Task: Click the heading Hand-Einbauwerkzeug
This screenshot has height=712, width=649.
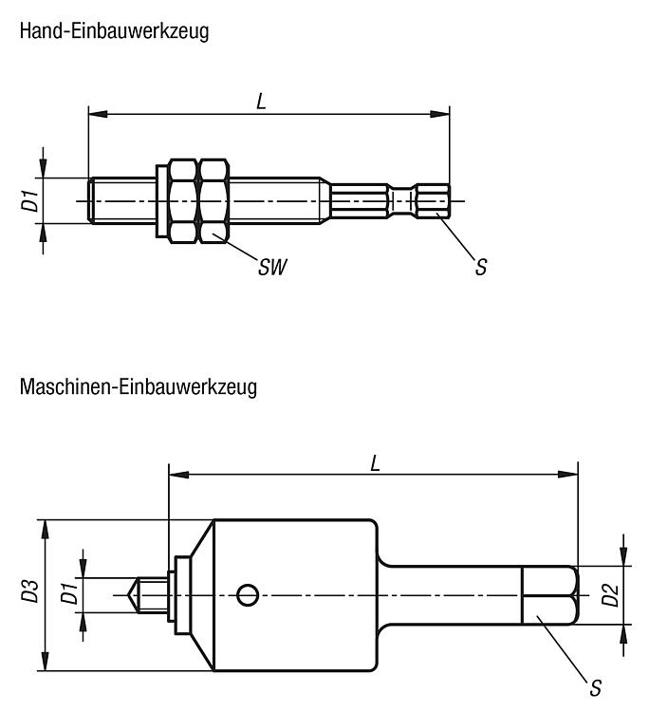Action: (115, 31)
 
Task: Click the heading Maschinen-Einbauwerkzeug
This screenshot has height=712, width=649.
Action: (139, 387)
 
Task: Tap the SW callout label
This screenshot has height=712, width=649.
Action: (272, 267)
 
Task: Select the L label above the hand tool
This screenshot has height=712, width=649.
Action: (261, 102)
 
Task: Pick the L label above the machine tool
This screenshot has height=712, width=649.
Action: (375, 463)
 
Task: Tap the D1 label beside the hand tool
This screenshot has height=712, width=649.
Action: (30, 200)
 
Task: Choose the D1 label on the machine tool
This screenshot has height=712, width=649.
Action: (69, 593)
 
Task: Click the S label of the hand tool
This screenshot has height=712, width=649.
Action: (481, 267)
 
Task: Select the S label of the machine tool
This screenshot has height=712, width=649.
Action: (596, 688)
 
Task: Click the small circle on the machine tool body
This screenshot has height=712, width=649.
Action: (248, 595)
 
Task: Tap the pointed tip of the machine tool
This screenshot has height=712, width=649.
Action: (128, 595)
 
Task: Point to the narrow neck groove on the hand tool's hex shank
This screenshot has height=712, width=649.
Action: (403, 200)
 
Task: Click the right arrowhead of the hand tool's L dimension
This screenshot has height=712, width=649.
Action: (439, 114)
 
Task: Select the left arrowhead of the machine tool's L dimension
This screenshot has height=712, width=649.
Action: (178, 475)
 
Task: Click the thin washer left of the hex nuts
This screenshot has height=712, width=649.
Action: (160, 200)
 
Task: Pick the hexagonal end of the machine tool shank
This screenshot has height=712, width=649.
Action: (550, 595)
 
